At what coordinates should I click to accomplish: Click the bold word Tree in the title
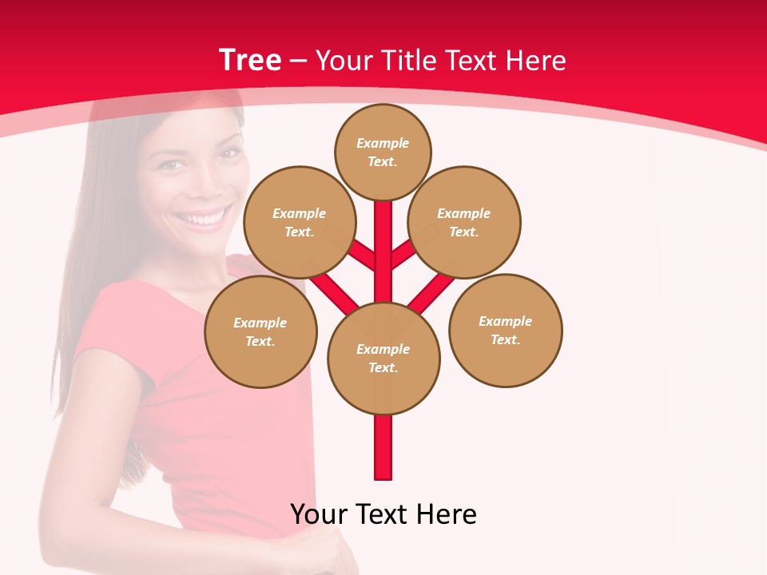click(x=250, y=60)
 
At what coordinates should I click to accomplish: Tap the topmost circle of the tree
click(x=383, y=152)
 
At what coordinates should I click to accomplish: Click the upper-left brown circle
click(x=299, y=222)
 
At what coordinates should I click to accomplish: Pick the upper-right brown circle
click(x=464, y=222)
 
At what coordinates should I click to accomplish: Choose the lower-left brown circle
click(x=260, y=331)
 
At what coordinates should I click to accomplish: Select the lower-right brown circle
click(x=505, y=330)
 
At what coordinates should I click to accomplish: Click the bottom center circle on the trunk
click(x=383, y=358)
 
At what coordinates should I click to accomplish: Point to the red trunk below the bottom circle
click(x=383, y=447)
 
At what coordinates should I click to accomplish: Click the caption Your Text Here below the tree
click(x=383, y=514)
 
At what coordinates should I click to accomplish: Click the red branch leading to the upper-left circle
click(x=362, y=255)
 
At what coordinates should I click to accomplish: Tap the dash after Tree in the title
click(x=299, y=61)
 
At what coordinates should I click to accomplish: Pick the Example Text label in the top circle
click(x=383, y=152)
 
